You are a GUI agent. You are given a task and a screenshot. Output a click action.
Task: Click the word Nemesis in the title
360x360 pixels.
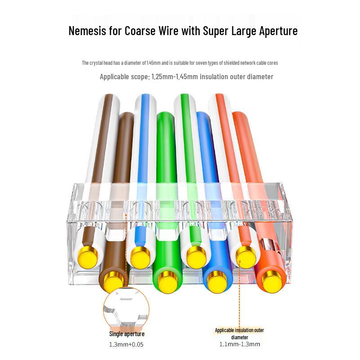[x=87, y=31]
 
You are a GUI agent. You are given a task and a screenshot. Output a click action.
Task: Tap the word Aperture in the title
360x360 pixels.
[x=278, y=31]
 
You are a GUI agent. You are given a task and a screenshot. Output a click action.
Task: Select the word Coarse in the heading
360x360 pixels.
[x=140, y=31]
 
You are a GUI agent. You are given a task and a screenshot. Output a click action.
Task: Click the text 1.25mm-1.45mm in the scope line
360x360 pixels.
[x=175, y=76]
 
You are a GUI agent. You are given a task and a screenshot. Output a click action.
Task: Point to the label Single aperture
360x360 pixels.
[x=127, y=334]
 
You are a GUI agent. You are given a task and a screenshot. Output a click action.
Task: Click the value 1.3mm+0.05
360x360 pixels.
[x=126, y=344]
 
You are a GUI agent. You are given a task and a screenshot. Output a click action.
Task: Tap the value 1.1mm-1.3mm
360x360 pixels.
[x=240, y=344]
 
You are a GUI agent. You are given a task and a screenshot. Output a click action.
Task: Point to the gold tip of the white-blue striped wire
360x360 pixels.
[x=140, y=256]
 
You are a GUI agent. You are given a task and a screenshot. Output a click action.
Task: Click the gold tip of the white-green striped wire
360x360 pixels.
[x=196, y=256]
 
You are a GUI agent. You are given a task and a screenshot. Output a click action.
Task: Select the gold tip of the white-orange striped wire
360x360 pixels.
[x=246, y=256]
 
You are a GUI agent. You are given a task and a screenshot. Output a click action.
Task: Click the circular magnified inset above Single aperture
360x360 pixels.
[x=126, y=307]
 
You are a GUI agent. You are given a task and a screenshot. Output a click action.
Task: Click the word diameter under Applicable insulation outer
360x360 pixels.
[x=239, y=337]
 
